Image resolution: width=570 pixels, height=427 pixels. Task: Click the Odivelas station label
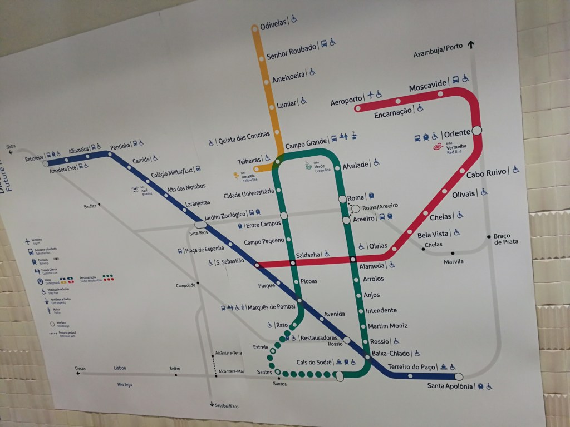coord(273,23)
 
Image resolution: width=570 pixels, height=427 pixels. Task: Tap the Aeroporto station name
coord(346,101)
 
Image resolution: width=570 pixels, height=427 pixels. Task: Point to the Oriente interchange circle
coord(476,131)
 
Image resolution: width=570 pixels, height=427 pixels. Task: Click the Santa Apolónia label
coord(450,386)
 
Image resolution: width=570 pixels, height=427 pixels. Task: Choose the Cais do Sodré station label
coord(314,362)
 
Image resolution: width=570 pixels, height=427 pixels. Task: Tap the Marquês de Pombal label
coord(271,307)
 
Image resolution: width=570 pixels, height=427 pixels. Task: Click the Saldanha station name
coord(308,255)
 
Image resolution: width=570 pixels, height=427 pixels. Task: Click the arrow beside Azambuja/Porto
coord(471,46)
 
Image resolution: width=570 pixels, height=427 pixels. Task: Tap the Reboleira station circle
coord(46,164)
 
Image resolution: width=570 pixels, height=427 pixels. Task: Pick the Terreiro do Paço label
coord(411,366)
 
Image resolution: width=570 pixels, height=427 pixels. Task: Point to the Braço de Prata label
coord(505,239)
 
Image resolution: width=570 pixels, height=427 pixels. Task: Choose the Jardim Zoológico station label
coord(225,216)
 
